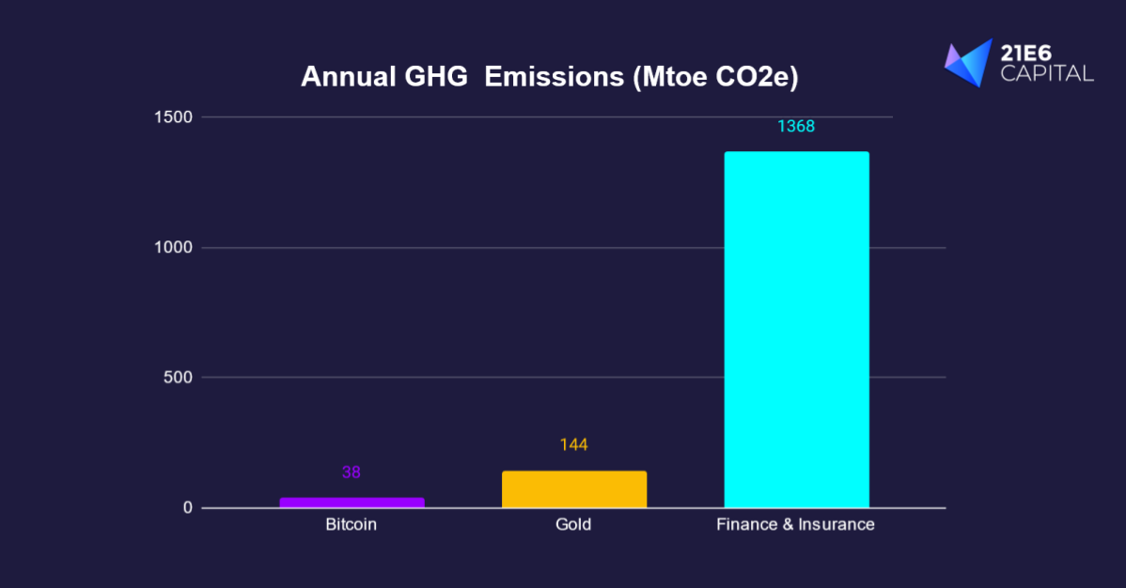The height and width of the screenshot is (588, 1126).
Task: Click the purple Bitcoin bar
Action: [x=352, y=503]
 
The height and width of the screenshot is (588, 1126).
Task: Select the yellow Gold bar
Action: [x=573, y=489]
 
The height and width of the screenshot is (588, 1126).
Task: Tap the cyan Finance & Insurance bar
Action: [x=796, y=330]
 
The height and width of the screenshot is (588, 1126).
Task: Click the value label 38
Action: [x=352, y=472]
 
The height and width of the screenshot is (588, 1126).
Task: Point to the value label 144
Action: [x=573, y=444]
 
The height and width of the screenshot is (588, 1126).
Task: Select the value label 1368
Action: [x=796, y=126]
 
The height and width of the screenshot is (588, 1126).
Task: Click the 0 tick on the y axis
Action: [x=186, y=508]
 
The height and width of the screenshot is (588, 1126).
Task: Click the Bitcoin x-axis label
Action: [x=352, y=524]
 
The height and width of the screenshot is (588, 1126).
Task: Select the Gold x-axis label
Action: [x=573, y=524]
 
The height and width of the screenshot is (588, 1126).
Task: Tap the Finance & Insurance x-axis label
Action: [x=796, y=524]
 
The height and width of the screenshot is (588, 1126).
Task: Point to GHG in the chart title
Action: [x=438, y=78]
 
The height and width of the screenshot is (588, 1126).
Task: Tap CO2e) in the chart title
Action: [x=757, y=78]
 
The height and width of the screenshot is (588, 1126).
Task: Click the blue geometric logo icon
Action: [x=969, y=63]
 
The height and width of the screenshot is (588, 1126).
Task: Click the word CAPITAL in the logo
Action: [x=1047, y=73]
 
